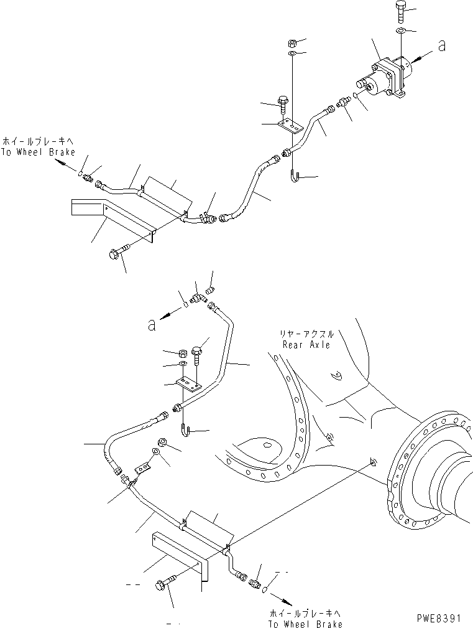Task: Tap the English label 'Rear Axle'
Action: click(x=306, y=344)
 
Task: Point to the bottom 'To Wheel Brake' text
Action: click(x=305, y=624)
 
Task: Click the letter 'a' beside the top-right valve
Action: click(x=441, y=45)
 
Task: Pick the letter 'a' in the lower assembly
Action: click(x=152, y=324)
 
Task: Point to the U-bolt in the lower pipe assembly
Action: click(x=185, y=430)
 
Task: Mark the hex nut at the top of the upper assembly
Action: click(x=292, y=43)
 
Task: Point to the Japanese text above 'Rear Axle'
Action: click(x=306, y=334)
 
